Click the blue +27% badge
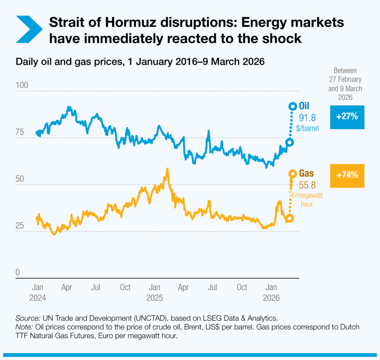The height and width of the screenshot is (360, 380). tap(347, 117)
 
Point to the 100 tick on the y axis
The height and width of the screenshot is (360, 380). tap(22, 85)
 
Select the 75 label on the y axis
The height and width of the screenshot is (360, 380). tap(20, 132)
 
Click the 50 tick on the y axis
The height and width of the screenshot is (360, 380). tap(20, 179)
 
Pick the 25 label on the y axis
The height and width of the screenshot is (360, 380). tap(20, 226)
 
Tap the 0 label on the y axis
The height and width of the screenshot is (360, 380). tap(17, 272)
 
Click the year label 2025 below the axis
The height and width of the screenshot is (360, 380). tap(154, 298)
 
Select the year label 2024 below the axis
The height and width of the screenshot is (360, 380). tap(37, 298)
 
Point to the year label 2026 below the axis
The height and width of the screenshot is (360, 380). tap(272, 298)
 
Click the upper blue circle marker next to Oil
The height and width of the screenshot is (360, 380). tap(292, 107)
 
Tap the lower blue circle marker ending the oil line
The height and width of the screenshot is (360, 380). tap(289, 142)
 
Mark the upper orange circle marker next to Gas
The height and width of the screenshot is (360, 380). tap(292, 173)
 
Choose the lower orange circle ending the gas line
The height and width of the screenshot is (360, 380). tap(289, 218)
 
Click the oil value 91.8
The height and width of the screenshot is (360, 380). tap(307, 118)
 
